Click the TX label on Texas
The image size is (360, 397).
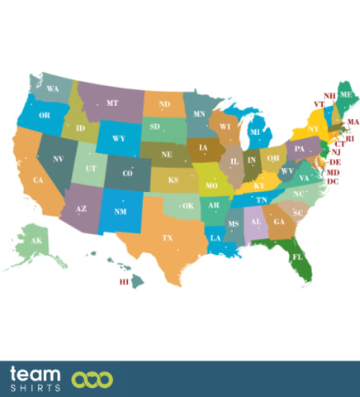click(168, 238)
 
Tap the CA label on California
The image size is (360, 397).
click(38, 179)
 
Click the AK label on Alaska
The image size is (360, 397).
click(36, 241)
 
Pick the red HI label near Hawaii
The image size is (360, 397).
click(125, 282)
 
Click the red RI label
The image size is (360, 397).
click(349, 139)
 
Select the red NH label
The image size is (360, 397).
click(329, 96)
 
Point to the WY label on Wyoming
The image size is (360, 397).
click(118, 139)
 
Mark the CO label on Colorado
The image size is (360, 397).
click(128, 174)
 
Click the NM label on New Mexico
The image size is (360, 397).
click(121, 212)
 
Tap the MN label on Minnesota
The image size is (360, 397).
click(199, 113)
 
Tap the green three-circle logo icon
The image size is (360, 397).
click(92, 380)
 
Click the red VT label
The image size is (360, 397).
click(318, 104)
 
